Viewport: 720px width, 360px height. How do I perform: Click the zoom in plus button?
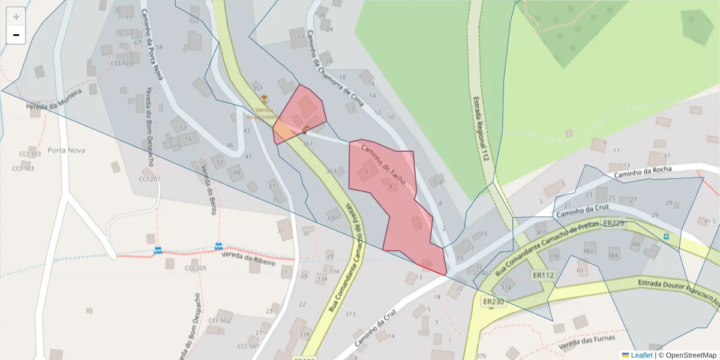point(16,17)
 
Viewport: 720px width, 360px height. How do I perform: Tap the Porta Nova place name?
point(66,150)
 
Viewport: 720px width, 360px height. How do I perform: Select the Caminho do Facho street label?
point(383,164)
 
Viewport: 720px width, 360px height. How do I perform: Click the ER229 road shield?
point(614,223)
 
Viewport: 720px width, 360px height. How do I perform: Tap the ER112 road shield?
point(543,275)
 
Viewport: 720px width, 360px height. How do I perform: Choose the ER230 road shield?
point(493,301)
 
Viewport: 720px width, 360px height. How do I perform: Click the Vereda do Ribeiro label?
point(248,259)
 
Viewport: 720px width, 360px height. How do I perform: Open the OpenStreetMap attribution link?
point(687,355)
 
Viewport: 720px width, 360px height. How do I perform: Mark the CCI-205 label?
point(196,268)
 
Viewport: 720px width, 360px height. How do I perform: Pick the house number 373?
point(350,314)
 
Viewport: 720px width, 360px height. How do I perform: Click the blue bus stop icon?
point(667,236)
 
